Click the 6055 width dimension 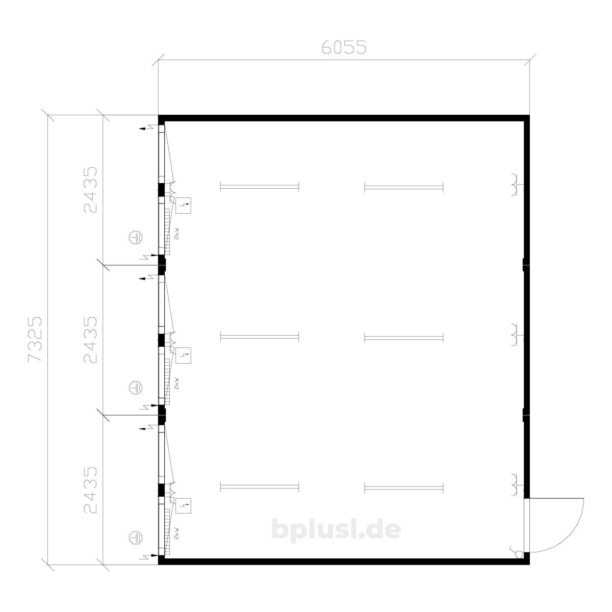pyautogui.click(x=344, y=47)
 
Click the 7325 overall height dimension pyautogui.click(x=35, y=339)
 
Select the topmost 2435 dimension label pyautogui.click(x=90, y=190)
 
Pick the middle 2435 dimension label pyautogui.click(x=90, y=340)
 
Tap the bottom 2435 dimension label pyautogui.click(x=90, y=490)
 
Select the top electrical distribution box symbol pyautogui.click(x=183, y=206)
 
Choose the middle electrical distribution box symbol pyautogui.click(x=183, y=355)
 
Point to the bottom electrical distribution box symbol pyautogui.click(x=183, y=506)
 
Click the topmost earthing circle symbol pyautogui.click(x=136, y=237)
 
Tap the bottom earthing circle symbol pyautogui.click(x=136, y=538)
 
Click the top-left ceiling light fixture pyautogui.click(x=260, y=187)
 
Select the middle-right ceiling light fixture pyautogui.click(x=403, y=337)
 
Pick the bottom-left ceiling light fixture pyautogui.click(x=260, y=487)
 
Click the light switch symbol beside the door pyautogui.click(x=518, y=553)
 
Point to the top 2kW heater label pyautogui.click(x=177, y=234)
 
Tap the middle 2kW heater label pyautogui.click(x=177, y=384)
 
